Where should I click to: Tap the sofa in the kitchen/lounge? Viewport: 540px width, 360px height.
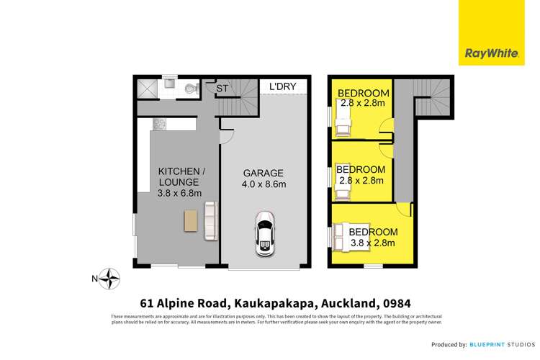click(x=210, y=220)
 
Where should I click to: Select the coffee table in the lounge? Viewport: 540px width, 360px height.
click(x=191, y=221)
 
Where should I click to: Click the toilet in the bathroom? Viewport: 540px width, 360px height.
click(x=191, y=89)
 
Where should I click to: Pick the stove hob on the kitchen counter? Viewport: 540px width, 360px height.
click(x=159, y=125)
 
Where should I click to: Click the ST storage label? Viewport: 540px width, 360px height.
click(x=224, y=89)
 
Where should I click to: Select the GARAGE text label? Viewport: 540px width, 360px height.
click(x=263, y=173)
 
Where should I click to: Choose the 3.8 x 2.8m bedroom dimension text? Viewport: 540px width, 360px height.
click(x=374, y=243)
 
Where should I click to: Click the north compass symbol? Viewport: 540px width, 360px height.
click(x=109, y=278)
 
